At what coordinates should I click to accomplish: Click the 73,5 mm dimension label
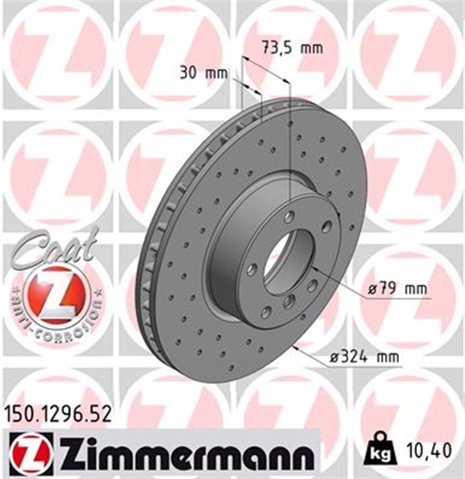coord(292,49)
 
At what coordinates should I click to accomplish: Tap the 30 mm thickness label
coord(203,73)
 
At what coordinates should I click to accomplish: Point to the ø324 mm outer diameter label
coord(365,359)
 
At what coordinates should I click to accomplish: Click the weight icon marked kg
coord(380,451)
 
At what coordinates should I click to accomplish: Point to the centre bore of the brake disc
coord(288,262)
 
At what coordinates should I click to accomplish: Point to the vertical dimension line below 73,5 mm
coord(289,135)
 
